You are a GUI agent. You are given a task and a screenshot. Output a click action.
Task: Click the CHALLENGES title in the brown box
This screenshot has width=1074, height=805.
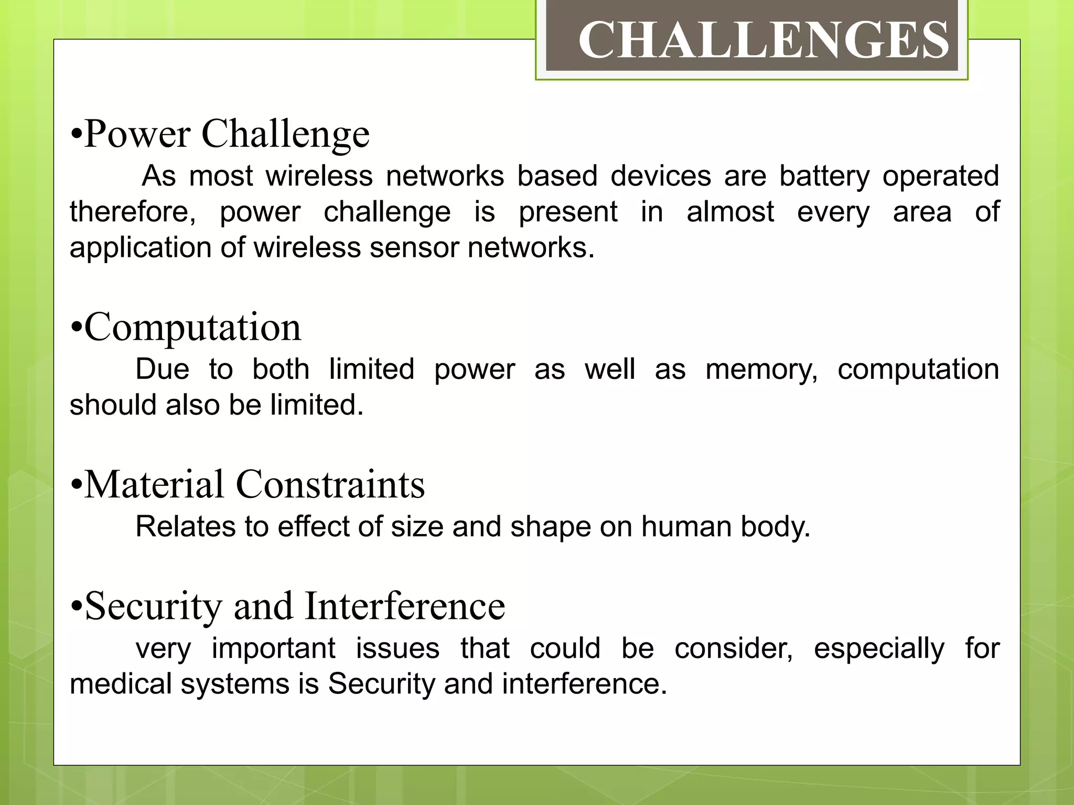[x=763, y=40]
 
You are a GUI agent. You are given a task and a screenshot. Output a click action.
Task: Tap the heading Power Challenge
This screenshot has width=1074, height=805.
[x=226, y=134]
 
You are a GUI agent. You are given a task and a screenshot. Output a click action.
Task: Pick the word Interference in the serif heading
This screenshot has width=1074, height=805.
[x=404, y=606]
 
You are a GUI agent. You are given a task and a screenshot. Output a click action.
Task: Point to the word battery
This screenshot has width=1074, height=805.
[x=824, y=176]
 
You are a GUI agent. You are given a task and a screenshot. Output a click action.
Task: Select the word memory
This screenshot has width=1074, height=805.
[x=761, y=369]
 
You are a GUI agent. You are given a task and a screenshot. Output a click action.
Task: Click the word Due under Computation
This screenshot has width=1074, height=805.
[x=162, y=369]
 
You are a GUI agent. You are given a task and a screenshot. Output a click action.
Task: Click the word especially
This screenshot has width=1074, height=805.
[x=879, y=649]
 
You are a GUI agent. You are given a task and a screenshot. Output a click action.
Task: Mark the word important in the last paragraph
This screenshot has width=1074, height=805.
[x=273, y=649]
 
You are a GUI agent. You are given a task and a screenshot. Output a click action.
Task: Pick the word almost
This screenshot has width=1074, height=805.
[x=730, y=212]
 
